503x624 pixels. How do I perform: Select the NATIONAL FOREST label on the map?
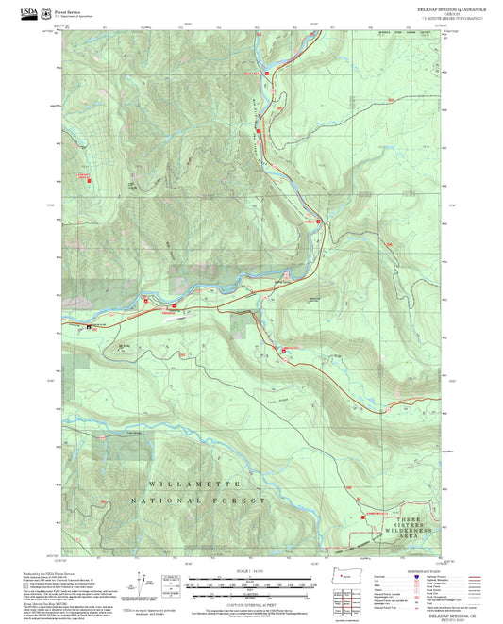point(198,501)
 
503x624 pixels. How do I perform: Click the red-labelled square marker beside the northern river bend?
point(268,71)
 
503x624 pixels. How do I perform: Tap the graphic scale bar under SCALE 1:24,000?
point(252,586)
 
